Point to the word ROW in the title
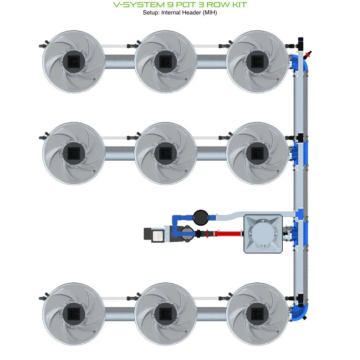[214, 5]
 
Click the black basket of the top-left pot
[74, 61]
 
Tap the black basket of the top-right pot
[257, 61]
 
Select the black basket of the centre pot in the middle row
[166, 153]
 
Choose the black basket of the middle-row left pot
[74, 153]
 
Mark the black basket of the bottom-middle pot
[166, 313]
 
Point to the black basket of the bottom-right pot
[257, 313]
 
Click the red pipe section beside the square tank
[227, 234]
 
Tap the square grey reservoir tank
[263, 234]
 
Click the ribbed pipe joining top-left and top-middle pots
[119, 61]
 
